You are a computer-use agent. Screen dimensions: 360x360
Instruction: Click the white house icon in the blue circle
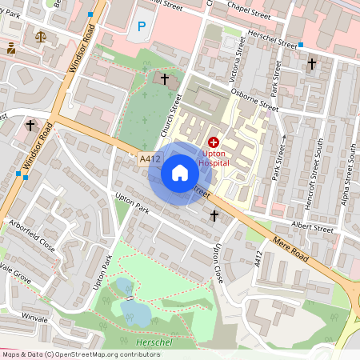coord(180,173)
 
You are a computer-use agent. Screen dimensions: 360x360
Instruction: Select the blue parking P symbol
coord(142,26)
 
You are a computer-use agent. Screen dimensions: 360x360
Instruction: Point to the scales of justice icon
coord(40,36)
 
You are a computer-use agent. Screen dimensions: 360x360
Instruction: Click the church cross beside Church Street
coord(165,79)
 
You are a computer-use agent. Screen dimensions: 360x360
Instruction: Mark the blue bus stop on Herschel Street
coord(302,45)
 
